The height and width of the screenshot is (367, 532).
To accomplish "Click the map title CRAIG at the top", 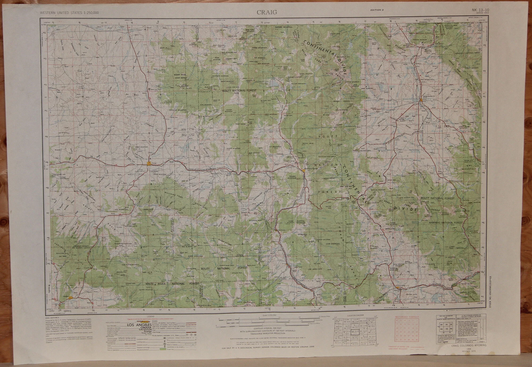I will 267,12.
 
